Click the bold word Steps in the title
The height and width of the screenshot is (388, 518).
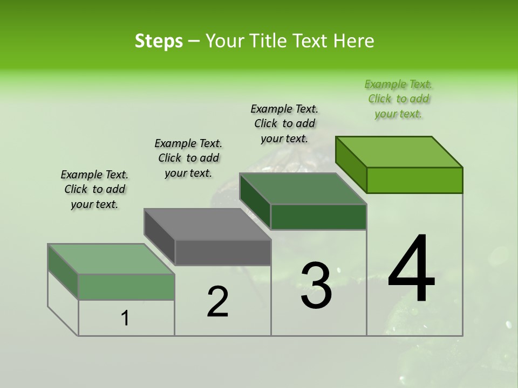pos(159,41)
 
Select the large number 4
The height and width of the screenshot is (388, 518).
pos(411,269)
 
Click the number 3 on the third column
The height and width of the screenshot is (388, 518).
pos(316,285)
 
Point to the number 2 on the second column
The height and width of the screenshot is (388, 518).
pos(217,301)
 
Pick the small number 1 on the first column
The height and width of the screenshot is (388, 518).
pos(125,318)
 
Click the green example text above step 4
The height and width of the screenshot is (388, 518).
pos(398,99)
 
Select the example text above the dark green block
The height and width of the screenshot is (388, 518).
pos(284,123)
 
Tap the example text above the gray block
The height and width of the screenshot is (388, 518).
pos(188,158)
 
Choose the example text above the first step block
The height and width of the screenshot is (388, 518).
pos(94,189)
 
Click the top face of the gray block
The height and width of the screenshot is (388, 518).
pos(207,224)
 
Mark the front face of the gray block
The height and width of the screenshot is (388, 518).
pos(223,252)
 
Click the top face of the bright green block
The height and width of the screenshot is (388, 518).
pos(399,152)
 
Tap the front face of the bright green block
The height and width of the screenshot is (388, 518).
pos(414,180)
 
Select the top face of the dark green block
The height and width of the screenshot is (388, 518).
pos(303,189)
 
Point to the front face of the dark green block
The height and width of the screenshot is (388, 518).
pos(318,217)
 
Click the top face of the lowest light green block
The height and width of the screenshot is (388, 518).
pos(111,259)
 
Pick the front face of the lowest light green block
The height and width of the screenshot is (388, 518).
pos(126,287)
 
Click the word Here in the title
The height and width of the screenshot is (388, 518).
pos(354,41)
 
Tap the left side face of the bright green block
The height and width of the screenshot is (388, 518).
pos(351,165)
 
